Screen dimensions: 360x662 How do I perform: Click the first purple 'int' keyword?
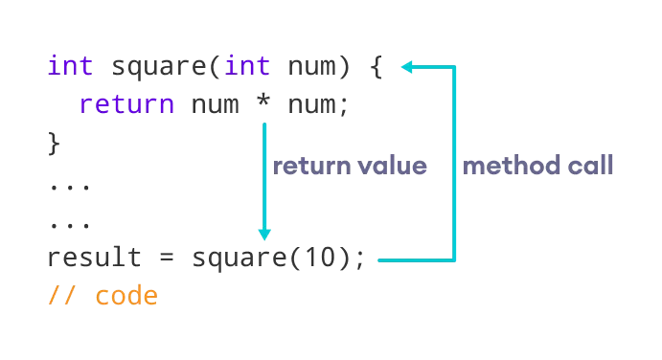71,68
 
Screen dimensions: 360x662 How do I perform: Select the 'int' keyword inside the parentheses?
247,68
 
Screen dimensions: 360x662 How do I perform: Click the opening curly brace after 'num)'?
376,68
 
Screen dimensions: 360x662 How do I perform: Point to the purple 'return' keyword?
126,104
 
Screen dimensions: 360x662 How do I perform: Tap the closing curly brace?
54,144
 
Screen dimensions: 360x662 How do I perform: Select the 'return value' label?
350,166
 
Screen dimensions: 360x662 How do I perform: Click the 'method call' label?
537,166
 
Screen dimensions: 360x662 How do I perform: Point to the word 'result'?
94,259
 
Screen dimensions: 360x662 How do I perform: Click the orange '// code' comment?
102,295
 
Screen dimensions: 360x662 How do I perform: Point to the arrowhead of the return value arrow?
264,234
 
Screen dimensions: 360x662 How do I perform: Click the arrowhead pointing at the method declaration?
406,67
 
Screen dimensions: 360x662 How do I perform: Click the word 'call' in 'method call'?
588,166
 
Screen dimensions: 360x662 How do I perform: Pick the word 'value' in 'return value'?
392,166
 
